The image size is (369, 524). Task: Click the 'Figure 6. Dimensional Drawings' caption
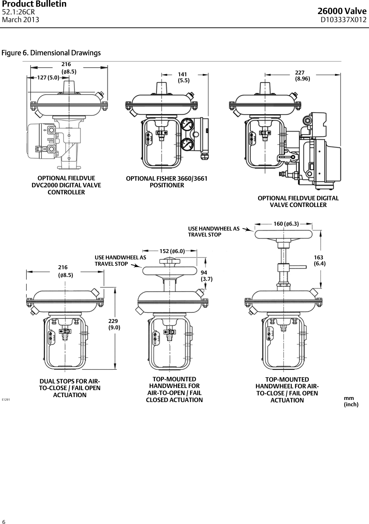[51, 53]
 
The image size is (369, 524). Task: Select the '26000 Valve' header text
[342, 12]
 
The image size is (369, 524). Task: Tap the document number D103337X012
[343, 20]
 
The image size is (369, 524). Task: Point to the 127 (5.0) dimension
[48, 78]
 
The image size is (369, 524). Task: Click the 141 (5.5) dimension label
[183, 77]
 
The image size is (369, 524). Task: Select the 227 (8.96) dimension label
[302, 76]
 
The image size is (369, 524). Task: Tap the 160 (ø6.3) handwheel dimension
[286, 224]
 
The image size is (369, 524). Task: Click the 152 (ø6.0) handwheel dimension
[172, 251]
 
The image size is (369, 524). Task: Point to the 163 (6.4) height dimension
[319, 260]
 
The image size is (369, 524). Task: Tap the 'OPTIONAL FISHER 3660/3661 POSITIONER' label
[167, 182]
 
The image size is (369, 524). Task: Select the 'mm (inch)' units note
[351, 401]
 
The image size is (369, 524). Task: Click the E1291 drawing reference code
[6, 400]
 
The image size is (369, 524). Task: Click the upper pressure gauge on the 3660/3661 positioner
[186, 125]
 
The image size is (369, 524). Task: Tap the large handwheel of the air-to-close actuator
[283, 235]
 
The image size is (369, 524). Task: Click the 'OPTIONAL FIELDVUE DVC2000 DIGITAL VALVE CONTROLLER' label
[66, 185]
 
